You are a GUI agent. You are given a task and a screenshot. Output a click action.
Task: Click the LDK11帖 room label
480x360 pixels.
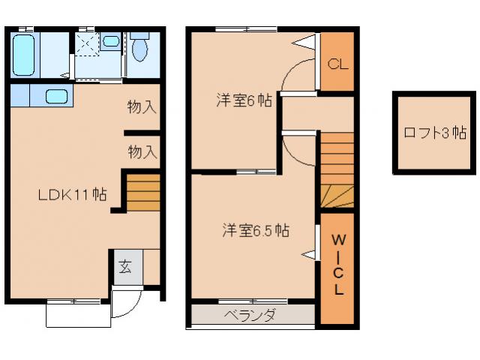point(73,195)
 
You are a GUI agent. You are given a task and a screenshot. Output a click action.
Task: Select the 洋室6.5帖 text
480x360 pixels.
point(255,231)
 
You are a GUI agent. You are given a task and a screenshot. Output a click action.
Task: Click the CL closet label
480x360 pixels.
point(337,64)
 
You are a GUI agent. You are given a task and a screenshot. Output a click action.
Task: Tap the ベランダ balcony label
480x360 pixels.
point(250,315)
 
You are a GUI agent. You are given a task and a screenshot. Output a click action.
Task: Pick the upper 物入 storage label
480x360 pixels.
point(142,107)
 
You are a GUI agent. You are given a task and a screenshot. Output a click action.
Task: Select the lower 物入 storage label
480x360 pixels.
point(142,152)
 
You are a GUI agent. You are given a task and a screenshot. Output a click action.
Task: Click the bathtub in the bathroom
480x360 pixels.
point(24,53)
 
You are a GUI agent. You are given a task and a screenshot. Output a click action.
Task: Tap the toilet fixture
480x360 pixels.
point(139,49)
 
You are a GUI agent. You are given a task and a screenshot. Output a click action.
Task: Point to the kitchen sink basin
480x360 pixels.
point(57,96)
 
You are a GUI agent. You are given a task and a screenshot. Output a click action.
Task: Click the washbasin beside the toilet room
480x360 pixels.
point(110,41)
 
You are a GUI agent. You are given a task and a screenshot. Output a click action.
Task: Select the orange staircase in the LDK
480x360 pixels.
point(142,193)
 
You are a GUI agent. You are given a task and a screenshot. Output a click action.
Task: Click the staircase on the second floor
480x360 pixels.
point(337,169)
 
